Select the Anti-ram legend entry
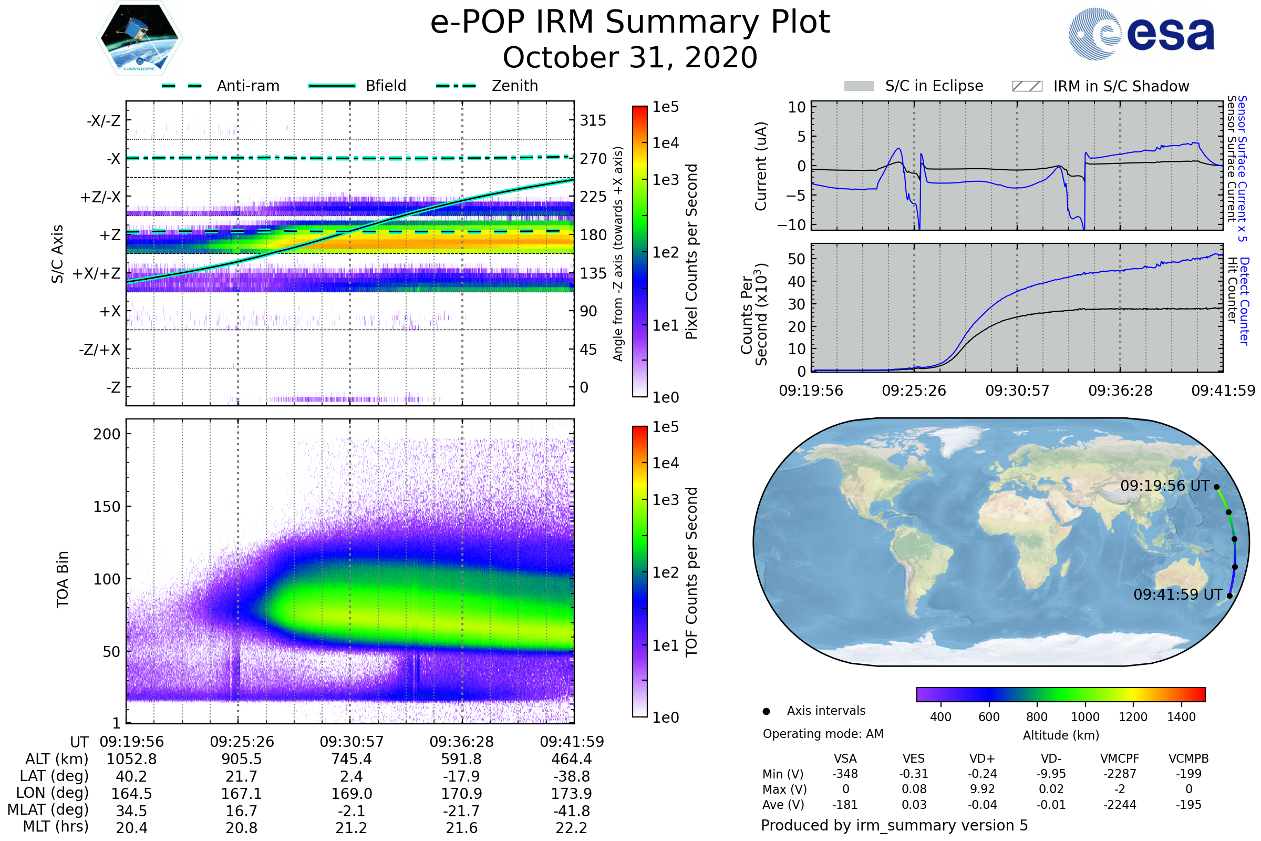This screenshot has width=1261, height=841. click(x=247, y=86)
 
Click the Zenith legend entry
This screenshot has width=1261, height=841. click(x=514, y=86)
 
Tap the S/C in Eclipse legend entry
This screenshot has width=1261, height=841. click(x=934, y=86)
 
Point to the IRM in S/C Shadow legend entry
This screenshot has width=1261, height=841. click(x=1121, y=86)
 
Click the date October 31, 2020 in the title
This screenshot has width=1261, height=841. click(x=630, y=57)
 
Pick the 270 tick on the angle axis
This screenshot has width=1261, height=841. click(x=593, y=159)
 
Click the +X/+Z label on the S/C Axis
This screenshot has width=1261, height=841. click(x=97, y=273)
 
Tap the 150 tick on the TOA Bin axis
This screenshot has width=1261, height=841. click(x=107, y=507)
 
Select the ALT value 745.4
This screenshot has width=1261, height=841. click(x=351, y=759)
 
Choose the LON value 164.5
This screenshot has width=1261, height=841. click(x=131, y=793)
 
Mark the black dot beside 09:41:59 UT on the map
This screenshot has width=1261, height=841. click(x=1229, y=596)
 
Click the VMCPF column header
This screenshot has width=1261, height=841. click(x=1120, y=759)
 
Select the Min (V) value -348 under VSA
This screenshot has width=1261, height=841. click(x=845, y=774)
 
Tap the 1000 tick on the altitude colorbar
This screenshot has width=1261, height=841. click(x=1085, y=717)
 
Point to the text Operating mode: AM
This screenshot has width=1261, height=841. click(x=823, y=734)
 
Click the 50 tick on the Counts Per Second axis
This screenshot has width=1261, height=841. click(x=797, y=259)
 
